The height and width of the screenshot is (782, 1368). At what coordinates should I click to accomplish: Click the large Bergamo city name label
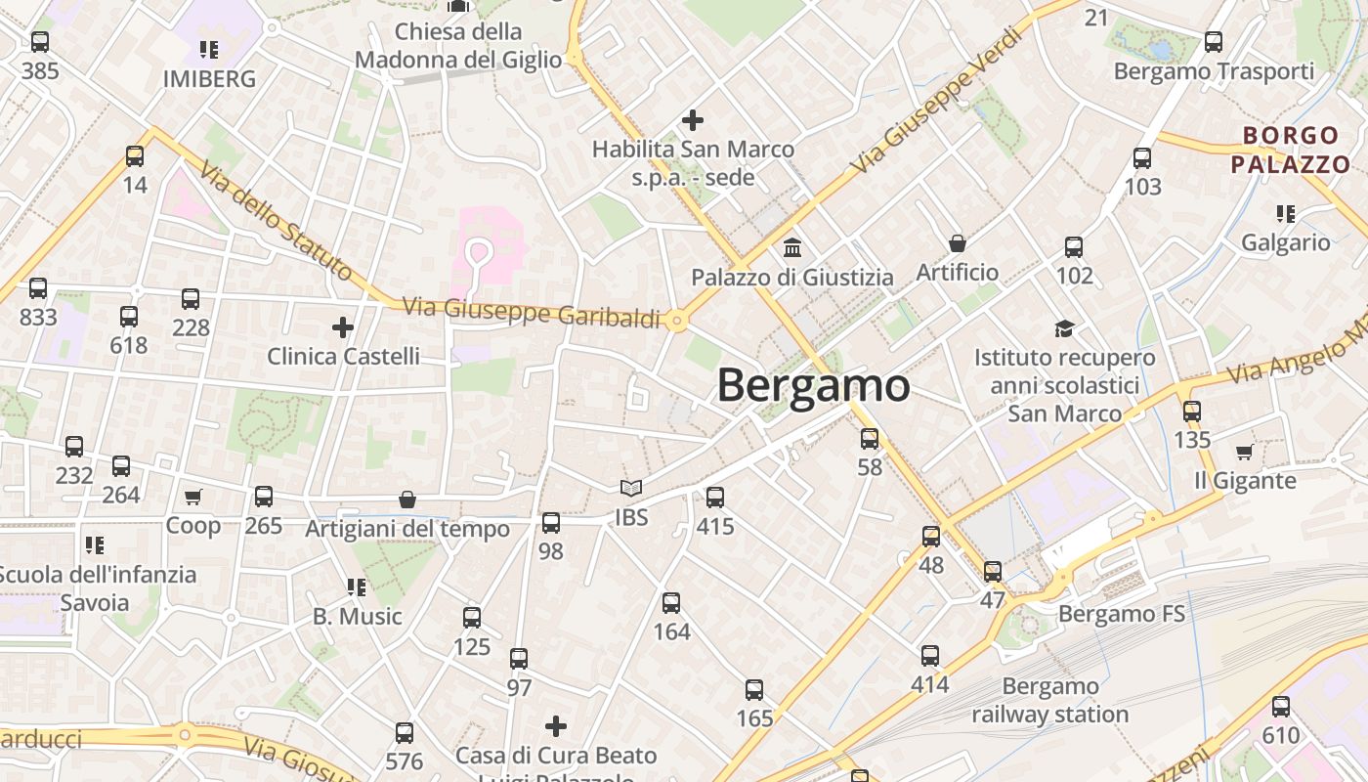point(813,385)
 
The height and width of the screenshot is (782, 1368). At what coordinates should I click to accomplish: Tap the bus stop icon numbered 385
point(40,42)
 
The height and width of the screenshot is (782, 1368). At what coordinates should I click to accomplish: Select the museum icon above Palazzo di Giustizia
point(792,247)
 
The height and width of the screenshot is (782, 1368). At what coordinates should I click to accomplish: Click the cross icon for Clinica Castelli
point(343,326)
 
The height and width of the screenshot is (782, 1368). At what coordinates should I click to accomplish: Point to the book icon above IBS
point(631,488)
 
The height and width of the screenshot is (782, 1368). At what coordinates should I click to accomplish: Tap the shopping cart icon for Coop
point(193,497)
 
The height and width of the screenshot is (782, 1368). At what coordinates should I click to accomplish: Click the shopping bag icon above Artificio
point(958,242)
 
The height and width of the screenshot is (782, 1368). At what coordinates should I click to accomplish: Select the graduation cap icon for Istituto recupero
point(1064,328)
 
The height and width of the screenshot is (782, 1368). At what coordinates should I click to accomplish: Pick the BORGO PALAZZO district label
point(1290,150)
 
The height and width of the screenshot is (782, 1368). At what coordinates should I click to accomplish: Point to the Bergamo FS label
point(1122,614)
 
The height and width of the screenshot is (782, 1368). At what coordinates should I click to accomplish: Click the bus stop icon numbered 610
point(1281,707)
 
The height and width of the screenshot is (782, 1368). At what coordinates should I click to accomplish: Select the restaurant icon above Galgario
point(1286,213)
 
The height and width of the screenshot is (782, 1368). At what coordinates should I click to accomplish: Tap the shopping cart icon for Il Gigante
point(1245,452)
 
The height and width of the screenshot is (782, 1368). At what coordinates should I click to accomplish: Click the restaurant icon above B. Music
point(357,586)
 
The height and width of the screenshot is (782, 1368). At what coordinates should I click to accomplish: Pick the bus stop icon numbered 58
point(870,439)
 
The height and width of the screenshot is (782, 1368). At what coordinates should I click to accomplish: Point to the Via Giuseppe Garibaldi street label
point(533,312)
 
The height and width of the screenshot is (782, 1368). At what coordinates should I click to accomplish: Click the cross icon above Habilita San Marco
point(693,120)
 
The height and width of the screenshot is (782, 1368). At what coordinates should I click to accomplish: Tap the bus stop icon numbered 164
point(671,603)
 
